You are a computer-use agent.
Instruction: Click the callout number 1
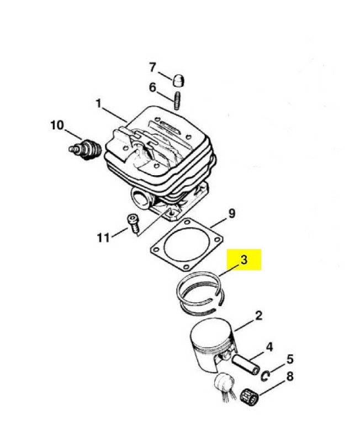[x=99, y=104]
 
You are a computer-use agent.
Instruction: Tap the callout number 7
[x=152, y=67]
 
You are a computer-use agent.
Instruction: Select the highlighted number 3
[x=244, y=260]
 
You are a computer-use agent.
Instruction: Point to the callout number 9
[x=231, y=213]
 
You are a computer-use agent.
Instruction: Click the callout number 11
[x=103, y=238]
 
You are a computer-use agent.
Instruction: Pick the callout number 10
[x=57, y=125]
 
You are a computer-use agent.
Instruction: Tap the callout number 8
[x=290, y=376]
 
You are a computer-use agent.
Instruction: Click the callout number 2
[x=259, y=315]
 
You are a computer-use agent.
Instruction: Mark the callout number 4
[x=269, y=347]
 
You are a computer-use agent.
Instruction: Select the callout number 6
[x=152, y=87]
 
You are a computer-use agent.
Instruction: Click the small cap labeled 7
[x=178, y=80]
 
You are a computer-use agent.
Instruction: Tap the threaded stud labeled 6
[x=177, y=101]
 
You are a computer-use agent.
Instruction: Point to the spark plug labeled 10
[x=85, y=149]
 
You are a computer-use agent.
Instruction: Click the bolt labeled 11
[x=134, y=224]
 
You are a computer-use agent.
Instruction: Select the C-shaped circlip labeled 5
[x=265, y=376]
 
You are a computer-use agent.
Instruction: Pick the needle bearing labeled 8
[x=250, y=394]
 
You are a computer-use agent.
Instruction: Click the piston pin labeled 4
[x=245, y=365]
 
